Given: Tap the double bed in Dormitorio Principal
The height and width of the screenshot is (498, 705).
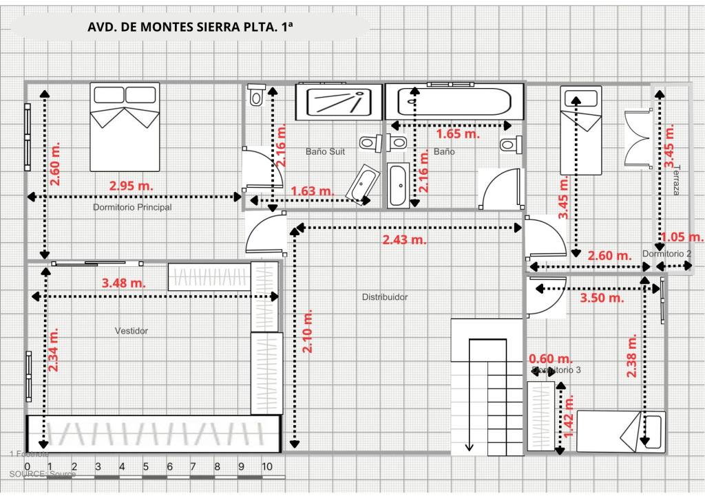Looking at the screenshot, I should tap(125, 127).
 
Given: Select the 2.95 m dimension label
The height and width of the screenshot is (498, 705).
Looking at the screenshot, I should tap(131, 185).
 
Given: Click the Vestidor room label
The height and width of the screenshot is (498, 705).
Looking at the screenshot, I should tap(131, 331).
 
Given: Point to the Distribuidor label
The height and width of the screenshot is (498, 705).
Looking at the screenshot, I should tap(385, 297).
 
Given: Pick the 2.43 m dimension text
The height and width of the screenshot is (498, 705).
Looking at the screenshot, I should tap(404, 239).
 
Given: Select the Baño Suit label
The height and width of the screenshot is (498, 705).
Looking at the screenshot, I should tap(325, 151).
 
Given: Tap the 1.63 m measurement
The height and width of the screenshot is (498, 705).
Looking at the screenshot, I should tap(313, 191).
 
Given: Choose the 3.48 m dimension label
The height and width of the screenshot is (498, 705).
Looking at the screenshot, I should tap(123, 282).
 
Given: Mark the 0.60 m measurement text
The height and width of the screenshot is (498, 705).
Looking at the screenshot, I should tap(551, 358).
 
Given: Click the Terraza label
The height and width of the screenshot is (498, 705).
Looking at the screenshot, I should tap(676, 180).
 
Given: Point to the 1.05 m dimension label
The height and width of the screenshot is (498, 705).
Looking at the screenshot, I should tap(682, 237).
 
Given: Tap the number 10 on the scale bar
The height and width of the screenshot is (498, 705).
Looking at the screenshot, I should tap(267, 466).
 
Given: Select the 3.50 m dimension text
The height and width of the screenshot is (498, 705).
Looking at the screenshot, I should tap(602, 298).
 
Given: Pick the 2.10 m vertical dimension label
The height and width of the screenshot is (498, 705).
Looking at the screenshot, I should tap(308, 331).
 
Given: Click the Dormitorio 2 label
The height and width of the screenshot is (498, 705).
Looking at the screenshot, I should tap(666, 254).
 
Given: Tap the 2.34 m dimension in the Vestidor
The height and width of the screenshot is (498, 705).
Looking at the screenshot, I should tap(54, 349).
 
